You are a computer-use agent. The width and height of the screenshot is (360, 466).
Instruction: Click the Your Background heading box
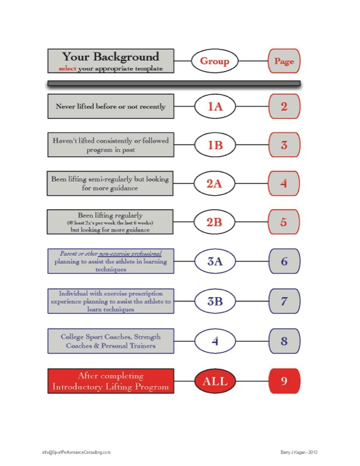110,61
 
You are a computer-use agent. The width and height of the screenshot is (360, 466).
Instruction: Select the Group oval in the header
214,61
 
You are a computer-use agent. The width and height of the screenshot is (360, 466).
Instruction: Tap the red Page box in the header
284,61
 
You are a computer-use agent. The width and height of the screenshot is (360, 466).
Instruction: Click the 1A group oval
214,107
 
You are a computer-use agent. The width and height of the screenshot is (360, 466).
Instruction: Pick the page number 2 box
284,107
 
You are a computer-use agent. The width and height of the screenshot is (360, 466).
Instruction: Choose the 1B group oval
214,144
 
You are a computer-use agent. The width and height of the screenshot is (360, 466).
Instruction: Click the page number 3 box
284,144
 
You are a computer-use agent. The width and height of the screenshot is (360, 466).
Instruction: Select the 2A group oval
214,183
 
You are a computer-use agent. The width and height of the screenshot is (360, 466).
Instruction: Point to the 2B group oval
214,221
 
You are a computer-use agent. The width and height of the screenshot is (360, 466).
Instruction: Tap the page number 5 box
284,221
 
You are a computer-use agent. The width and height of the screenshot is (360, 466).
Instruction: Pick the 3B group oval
214,301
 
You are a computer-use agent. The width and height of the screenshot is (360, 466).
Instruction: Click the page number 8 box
284,341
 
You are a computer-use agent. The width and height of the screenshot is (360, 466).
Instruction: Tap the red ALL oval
214,382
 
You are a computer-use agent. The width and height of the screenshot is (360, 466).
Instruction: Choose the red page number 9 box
284,382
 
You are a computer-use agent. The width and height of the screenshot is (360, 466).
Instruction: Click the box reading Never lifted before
110,107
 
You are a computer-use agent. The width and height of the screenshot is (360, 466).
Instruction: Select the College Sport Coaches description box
110,341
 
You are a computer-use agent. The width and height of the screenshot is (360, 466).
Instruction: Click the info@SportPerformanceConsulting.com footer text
76,452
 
